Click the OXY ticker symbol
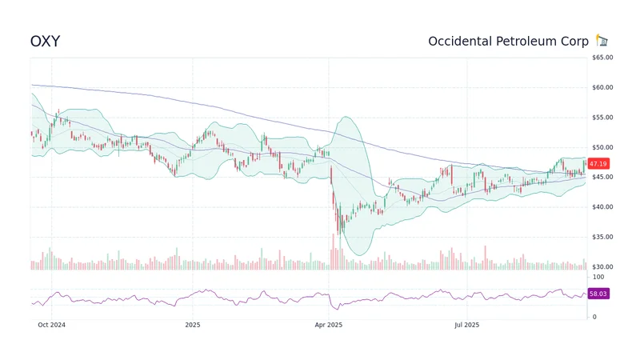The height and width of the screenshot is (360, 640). (x=45, y=41)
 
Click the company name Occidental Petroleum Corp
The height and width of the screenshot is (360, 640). (x=508, y=41)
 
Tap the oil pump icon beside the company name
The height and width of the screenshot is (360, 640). (x=602, y=41)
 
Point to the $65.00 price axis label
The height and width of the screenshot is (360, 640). (x=602, y=58)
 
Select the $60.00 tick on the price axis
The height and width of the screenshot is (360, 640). (x=602, y=87)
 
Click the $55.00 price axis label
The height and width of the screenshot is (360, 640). (x=602, y=118)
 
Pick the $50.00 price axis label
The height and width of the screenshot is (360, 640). (x=602, y=147)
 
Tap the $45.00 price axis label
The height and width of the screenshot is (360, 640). (x=602, y=177)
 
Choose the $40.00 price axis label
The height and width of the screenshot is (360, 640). (x=602, y=207)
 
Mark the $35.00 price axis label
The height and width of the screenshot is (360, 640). (x=602, y=237)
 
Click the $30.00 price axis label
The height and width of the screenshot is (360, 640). (x=602, y=266)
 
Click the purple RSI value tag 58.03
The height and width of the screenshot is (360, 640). (x=598, y=294)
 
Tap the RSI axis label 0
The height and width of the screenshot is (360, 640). (x=594, y=317)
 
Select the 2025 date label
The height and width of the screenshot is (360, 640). (x=192, y=325)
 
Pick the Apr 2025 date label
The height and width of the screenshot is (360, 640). (x=329, y=325)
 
